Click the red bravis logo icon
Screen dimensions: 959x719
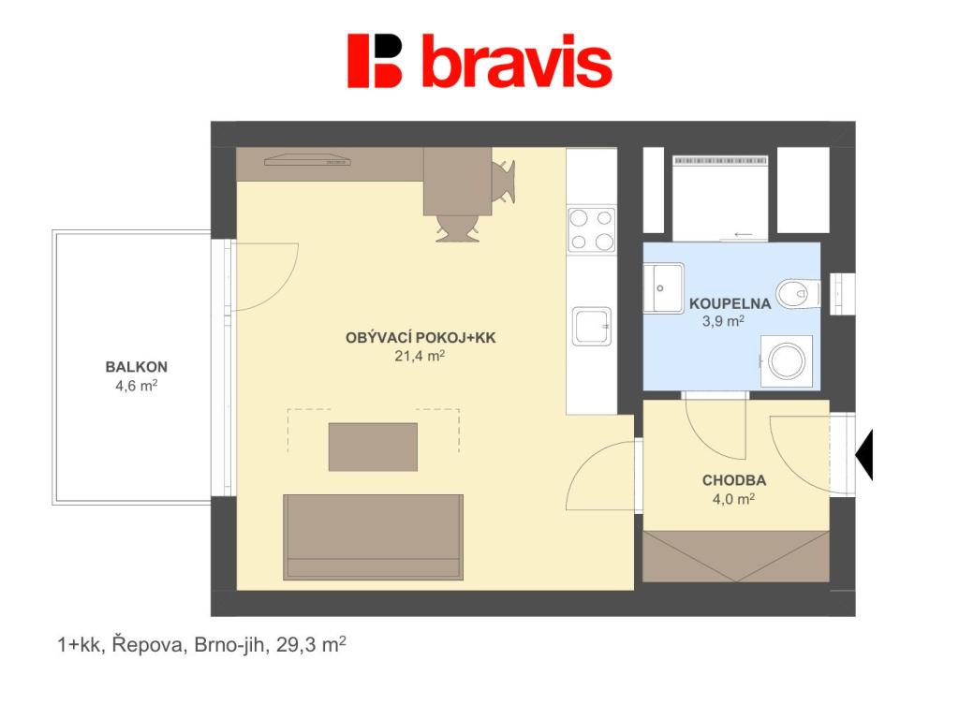[375, 61]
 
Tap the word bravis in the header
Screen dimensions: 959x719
[517, 61]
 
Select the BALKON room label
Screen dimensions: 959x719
[137, 367]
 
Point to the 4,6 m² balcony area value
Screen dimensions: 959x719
[137, 386]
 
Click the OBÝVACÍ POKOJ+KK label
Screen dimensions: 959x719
[420, 337]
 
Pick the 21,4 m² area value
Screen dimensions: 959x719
[420, 355]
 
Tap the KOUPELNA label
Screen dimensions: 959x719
[730, 303]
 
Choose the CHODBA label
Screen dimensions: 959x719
[734, 480]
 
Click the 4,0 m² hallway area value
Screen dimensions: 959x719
[733, 499]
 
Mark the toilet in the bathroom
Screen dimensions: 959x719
[799, 294]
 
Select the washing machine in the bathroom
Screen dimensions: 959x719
[787, 360]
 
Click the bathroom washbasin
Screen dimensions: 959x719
[664, 288]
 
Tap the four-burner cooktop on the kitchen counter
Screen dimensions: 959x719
[592, 229]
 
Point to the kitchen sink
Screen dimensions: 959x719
[592, 327]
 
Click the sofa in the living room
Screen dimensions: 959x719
[373, 537]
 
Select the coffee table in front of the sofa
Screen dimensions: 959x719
[373, 447]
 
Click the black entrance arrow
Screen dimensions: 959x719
[864, 455]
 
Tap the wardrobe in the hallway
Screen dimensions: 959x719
[736, 556]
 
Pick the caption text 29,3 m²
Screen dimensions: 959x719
[311, 644]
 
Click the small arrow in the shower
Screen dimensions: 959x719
[744, 234]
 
